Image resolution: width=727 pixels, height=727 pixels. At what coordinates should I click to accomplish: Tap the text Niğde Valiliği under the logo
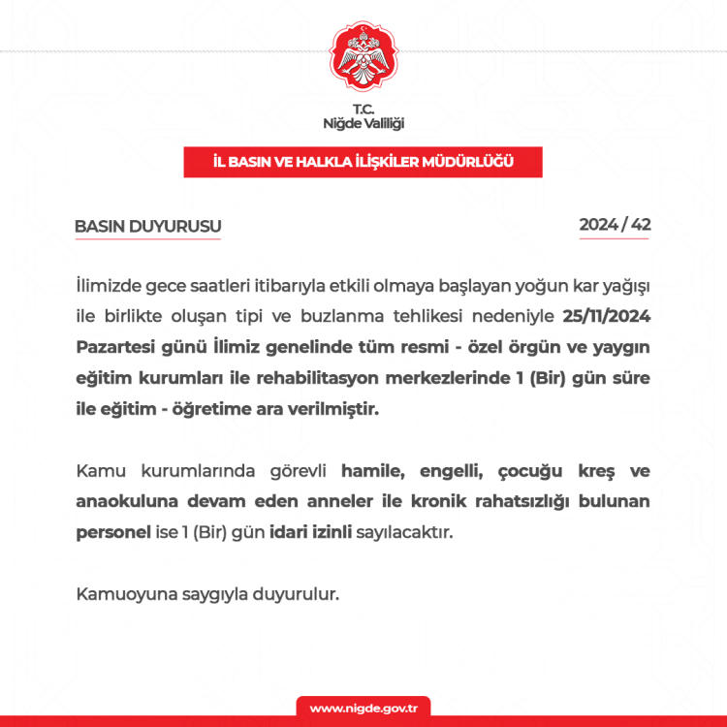pos(363,124)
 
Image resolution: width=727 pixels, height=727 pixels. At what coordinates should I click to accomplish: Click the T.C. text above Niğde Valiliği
pos(363,109)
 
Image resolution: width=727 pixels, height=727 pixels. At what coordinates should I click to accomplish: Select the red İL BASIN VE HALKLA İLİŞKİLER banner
pos(363,162)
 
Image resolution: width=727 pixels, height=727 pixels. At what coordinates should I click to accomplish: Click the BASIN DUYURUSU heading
pos(148,227)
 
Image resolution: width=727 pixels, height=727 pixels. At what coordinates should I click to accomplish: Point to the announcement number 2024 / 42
pos(615,225)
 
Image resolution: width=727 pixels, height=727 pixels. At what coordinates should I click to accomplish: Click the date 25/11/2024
pos(606,317)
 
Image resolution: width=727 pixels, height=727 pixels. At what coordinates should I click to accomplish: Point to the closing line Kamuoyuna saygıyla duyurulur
pos(207,594)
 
